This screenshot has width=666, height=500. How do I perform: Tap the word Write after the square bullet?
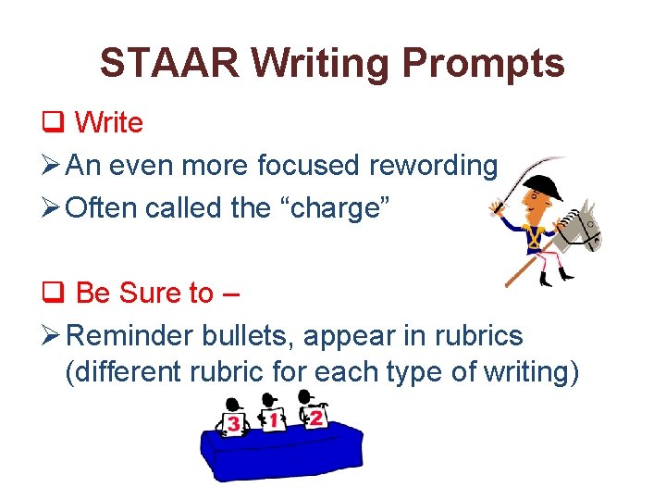coord(108,122)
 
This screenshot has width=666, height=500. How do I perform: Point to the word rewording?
coord(433,166)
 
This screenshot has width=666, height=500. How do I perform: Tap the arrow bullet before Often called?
coord(52,208)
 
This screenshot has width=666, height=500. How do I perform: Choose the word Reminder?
coord(130,335)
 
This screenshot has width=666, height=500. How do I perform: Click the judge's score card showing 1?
coord(273,420)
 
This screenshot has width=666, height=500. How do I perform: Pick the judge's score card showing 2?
coord(315,418)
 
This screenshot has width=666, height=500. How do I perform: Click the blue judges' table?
coord(277,454)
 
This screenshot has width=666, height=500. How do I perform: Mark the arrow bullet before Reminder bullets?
coord(52,336)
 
